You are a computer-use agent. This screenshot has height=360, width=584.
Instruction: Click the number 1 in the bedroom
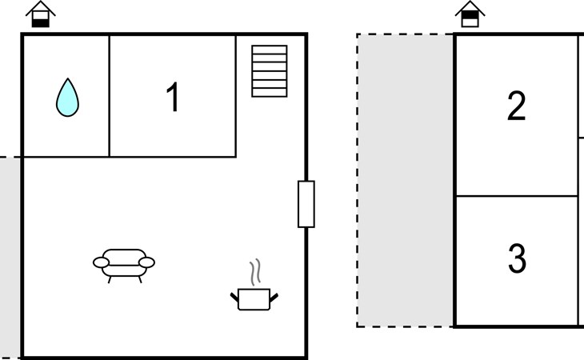(172, 98)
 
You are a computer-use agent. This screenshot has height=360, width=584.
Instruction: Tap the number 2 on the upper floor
(517, 106)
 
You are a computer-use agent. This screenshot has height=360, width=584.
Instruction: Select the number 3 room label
(517, 258)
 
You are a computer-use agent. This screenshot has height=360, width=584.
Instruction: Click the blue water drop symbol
(68, 98)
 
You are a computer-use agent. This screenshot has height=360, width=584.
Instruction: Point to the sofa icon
(124, 262)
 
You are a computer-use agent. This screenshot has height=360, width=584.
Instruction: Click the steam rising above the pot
(255, 272)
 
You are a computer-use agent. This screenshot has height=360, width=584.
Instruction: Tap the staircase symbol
(269, 71)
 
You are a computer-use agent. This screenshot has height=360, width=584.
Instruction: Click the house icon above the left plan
(40, 14)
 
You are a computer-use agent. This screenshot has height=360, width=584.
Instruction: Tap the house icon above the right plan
(470, 14)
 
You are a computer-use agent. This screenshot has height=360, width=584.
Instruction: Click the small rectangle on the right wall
(306, 204)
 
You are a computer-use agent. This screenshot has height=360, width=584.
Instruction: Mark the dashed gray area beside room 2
(405, 180)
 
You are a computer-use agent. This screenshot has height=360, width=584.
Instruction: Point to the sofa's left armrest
(101, 262)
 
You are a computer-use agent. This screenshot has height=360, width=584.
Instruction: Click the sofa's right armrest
(147, 262)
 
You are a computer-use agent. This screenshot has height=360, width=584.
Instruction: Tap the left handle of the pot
(234, 297)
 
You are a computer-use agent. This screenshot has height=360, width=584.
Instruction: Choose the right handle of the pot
(274, 297)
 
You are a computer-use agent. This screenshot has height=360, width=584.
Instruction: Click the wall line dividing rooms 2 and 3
(517, 196)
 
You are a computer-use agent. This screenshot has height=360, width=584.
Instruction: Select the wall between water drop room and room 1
(110, 96)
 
